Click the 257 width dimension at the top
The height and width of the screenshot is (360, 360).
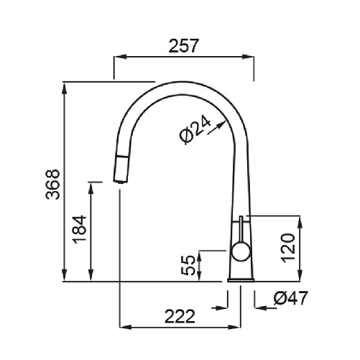point(184,46)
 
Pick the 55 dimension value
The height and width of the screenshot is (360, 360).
point(189,265)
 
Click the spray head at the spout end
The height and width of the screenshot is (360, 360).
point(121,170)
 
